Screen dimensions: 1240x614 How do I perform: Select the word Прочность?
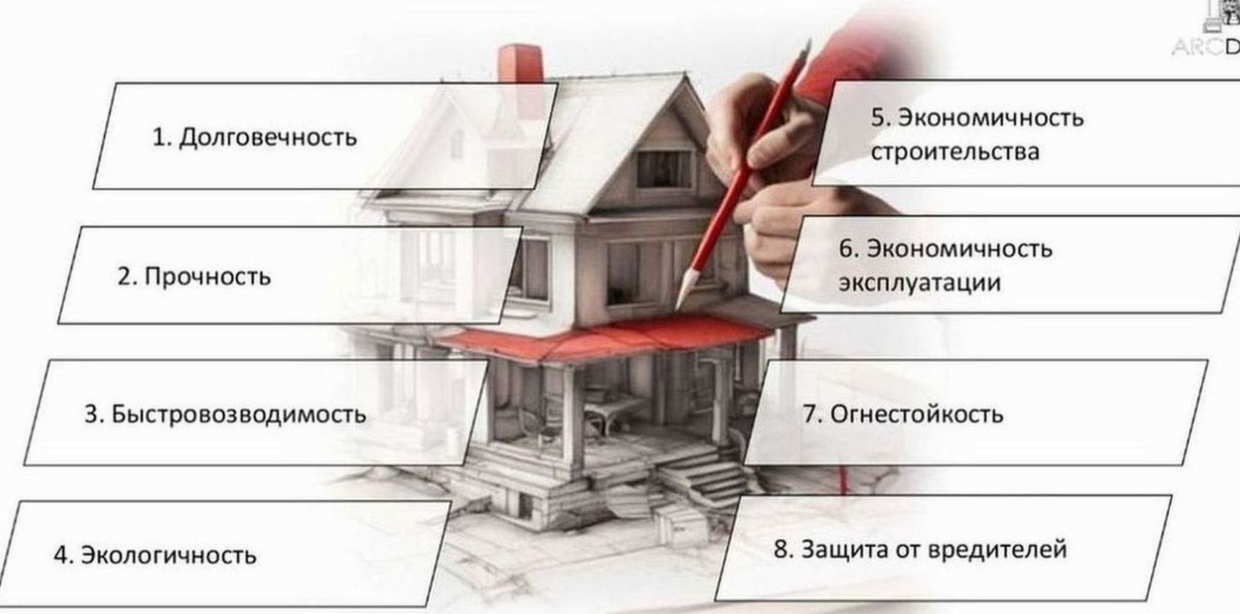click(x=207, y=277)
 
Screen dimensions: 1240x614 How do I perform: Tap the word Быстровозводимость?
click(x=239, y=415)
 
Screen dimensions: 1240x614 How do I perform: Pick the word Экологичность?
click(x=169, y=555)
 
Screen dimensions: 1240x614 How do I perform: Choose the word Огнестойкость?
click(x=916, y=415)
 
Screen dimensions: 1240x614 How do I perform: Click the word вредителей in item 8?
click(x=997, y=550)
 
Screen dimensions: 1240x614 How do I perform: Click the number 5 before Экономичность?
click(x=878, y=118)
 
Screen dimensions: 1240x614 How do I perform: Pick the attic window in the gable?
click(x=664, y=169)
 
